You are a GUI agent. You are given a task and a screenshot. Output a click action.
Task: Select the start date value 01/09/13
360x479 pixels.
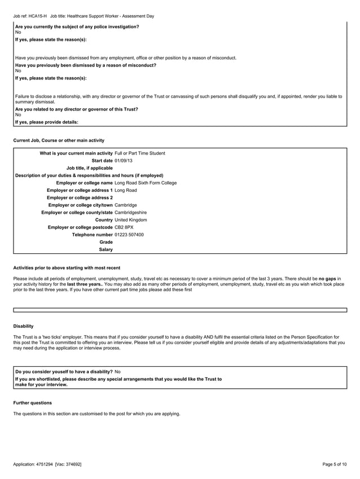[124, 161]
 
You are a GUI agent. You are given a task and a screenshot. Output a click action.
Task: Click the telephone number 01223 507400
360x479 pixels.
[129, 234]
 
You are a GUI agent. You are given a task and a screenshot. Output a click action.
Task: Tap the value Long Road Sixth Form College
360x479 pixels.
[145, 183]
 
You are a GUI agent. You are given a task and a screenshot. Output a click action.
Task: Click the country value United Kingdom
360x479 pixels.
[130, 219]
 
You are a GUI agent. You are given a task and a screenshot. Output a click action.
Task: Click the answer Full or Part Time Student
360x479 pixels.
[139, 153]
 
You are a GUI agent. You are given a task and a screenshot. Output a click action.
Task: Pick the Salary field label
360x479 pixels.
[106, 249]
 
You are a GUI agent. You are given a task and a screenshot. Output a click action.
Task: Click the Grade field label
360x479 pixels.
[106, 241]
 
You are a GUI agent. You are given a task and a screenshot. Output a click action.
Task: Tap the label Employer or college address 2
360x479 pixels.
[80, 197]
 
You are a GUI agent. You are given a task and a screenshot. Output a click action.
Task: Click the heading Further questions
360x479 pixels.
[32, 403]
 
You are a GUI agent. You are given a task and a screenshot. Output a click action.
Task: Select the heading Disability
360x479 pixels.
[23, 326]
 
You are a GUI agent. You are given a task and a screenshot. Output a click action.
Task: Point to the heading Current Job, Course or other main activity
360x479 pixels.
[59, 139]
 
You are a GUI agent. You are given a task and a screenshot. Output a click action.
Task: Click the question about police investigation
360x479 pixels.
[77, 27]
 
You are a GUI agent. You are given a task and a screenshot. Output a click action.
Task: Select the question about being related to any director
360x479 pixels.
[76, 109]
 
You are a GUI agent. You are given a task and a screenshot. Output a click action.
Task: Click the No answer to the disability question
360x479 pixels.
[117, 372]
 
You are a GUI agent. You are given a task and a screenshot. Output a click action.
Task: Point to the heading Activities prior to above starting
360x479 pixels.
[66, 267]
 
